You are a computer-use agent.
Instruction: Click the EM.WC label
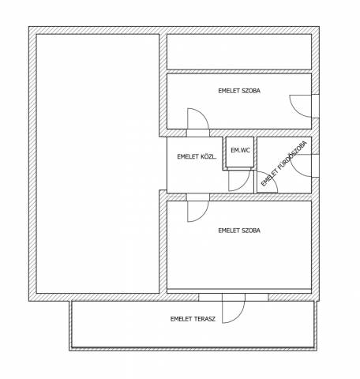pyautogui.click(x=240, y=150)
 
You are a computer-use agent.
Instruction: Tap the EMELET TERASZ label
pyautogui.click(x=193, y=319)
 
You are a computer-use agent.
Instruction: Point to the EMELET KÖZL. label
pyautogui.click(x=197, y=156)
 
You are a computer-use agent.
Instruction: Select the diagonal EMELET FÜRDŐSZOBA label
pyautogui.click(x=284, y=163)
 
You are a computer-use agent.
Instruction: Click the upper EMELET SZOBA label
pyautogui.click(x=239, y=91)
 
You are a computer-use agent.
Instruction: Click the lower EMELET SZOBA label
pyautogui.click(x=239, y=231)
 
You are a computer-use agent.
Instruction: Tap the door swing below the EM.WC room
pyautogui.click(x=239, y=179)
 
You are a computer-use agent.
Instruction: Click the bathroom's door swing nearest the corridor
pyautogui.click(x=267, y=182)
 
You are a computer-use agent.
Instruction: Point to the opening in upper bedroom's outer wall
pyautogui.click(x=315, y=106)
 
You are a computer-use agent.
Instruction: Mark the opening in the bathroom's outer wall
pyautogui.click(x=315, y=166)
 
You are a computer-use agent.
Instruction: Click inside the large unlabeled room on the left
pyautogui.click(x=98, y=163)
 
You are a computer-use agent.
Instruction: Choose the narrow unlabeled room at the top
pyautogui.click(x=239, y=52)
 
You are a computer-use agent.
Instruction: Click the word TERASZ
pyautogui.click(x=204, y=319)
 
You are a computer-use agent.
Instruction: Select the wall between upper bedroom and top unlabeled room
pyautogui.click(x=239, y=72)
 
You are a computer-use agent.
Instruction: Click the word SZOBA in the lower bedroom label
pyautogui.click(x=251, y=231)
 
